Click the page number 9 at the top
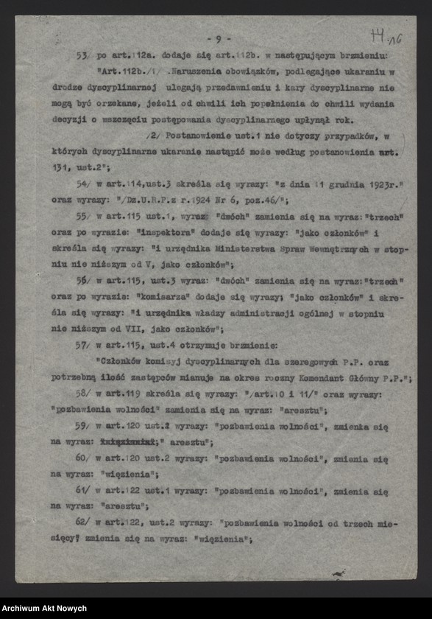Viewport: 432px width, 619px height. [219, 39]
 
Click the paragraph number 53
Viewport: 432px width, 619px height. [82, 56]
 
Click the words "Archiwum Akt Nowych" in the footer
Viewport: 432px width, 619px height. [44, 608]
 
